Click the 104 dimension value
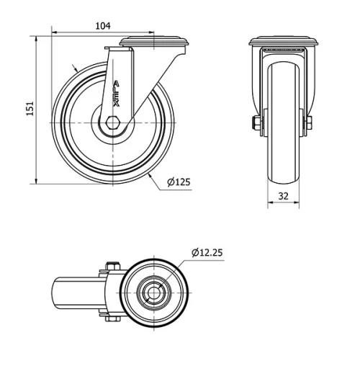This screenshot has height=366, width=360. tap(103, 25)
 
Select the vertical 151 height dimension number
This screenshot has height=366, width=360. tap(30, 108)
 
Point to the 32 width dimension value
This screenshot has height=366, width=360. tap(284, 195)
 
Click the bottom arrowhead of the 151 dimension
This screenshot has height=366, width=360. tap(35, 181)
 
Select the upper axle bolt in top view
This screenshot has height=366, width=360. tap(111, 267)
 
